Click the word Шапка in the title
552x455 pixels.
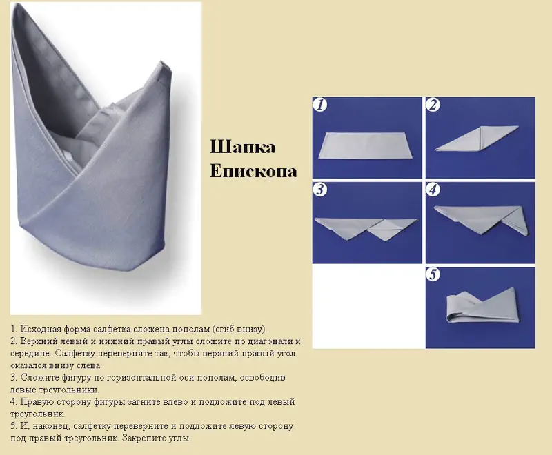tap(243, 148)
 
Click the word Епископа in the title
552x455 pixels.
tap(253, 171)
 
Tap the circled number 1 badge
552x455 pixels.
tap(320, 105)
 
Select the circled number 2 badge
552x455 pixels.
tap(433, 105)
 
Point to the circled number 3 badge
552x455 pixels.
tap(320, 190)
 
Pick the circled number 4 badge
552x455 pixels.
tap(433, 190)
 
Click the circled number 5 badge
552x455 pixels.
tap(433, 274)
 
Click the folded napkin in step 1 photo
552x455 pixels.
tap(366, 145)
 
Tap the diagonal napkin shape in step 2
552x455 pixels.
tap(476, 139)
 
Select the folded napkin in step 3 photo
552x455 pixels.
tap(366, 229)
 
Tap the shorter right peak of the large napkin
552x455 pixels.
tap(163, 63)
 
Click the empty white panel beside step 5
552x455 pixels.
tap(368, 306)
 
